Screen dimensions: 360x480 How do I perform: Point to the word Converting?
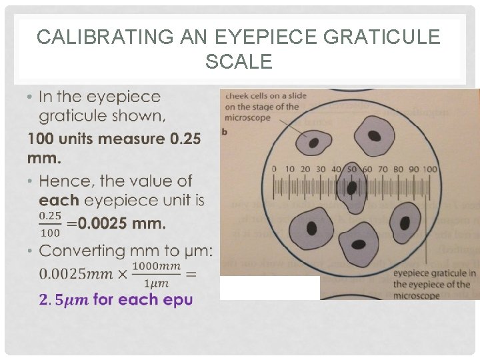tap(87, 251)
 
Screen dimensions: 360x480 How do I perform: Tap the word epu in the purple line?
tap(177, 299)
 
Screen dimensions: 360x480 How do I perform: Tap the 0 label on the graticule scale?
tap(273, 169)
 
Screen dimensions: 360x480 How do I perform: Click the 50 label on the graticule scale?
tap(352, 169)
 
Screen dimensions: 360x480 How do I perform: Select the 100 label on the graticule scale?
tap(429, 169)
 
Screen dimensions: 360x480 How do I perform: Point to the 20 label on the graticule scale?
tap(305, 169)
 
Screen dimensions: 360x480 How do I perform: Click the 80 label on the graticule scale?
tap(398, 169)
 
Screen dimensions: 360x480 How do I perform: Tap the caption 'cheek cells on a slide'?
tap(266, 96)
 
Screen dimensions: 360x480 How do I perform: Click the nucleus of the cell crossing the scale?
tap(351, 189)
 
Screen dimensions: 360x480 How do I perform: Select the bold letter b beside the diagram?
tap(225, 131)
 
